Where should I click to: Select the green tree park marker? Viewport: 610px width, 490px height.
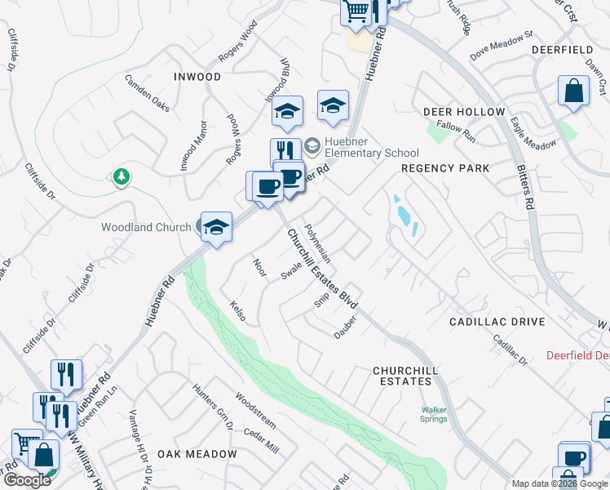(x=122, y=176)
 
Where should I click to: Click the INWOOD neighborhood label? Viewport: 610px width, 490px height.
(x=197, y=77)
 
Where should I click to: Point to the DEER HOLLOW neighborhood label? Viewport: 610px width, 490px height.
(x=463, y=111)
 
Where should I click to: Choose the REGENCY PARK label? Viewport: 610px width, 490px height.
(x=445, y=168)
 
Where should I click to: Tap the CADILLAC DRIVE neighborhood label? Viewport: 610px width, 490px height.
(x=497, y=322)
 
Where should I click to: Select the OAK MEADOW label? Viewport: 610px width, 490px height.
(x=197, y=454)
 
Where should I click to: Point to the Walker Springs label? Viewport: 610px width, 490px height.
(x=434, y=415)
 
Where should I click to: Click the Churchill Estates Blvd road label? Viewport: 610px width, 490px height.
(x=323, y=269)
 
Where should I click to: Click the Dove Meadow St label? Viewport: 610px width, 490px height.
(x=501, y=47)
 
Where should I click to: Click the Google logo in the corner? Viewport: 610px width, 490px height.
(x=26, y=480)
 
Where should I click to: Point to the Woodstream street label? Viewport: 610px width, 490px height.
(x=255, y=409)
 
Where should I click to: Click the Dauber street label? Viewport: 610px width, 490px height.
(x=347, y=326)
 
